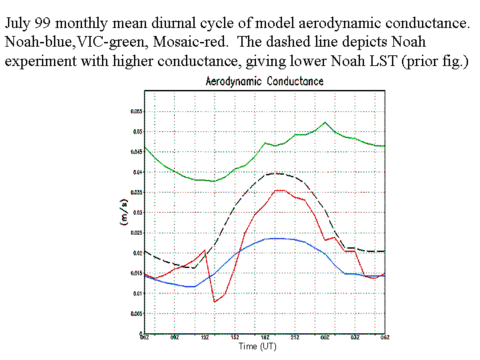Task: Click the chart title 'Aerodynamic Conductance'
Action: tap(265, 81)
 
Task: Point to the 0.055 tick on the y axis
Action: tap(135, 112)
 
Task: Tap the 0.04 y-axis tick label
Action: tap(136, 173)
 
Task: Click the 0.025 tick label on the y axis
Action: tap(135, 233)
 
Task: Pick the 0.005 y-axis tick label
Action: tap(135, 313)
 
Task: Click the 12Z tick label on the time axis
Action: tap(205, 339)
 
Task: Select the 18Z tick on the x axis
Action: tap(265, 339)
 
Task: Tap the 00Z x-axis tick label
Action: tap(325, 339)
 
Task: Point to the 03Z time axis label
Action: tap(355, 339)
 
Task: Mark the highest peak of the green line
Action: tap(325, 122)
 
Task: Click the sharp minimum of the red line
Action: tap(215, 302)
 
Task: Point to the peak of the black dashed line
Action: tap(275, 173)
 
